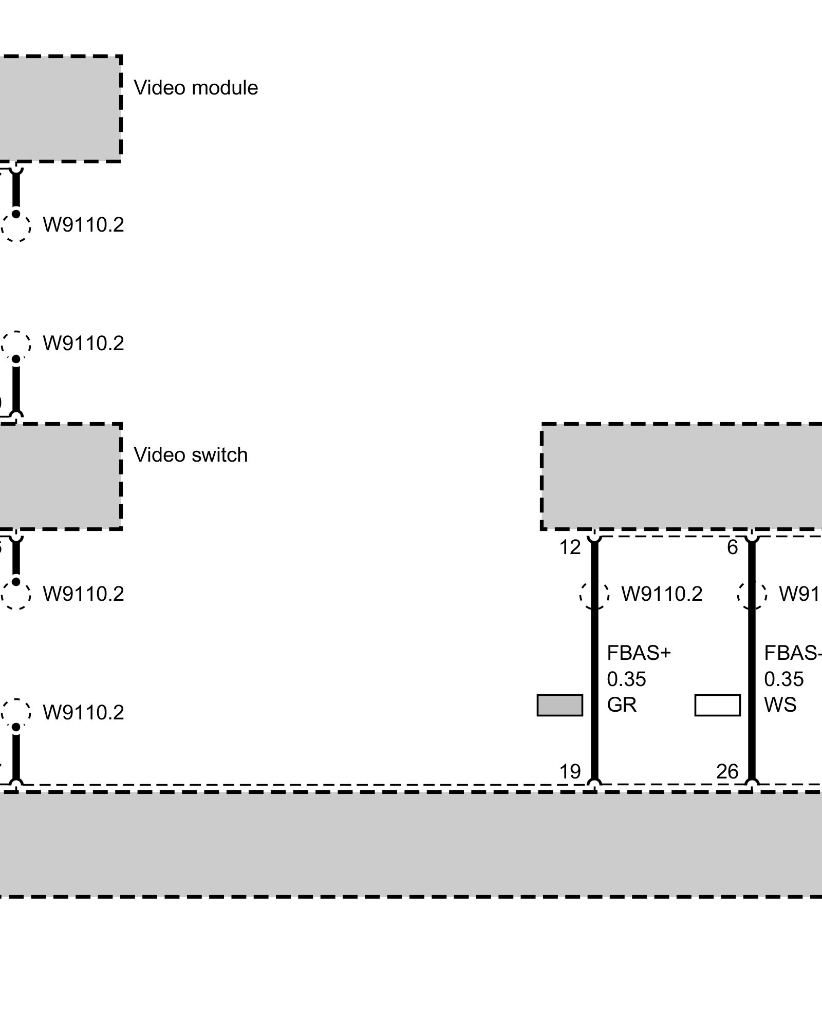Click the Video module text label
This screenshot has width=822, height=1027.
coord(196,88)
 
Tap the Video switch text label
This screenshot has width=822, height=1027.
coord(191,455)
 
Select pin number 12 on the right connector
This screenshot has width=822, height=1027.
coord(570,547)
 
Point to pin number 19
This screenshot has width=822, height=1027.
coord(570,771)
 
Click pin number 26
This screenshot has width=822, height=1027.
coord(727,771)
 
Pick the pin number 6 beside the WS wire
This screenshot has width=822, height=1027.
coord(733,547)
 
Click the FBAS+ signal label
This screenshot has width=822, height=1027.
coord(639,653)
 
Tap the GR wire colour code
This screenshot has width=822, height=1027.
coord(622,705)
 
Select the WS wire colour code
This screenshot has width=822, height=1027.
coord(780,705)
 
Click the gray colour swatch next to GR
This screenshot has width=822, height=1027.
coord(559,705)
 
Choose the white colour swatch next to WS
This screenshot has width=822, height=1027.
coord(717,705)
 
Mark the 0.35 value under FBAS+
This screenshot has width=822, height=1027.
coord(626,679)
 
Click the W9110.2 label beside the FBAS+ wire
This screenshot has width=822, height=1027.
coord(662,594)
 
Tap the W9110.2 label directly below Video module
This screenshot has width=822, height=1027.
coord(83,225)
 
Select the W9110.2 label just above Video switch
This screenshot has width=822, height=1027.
coord(83,343)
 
